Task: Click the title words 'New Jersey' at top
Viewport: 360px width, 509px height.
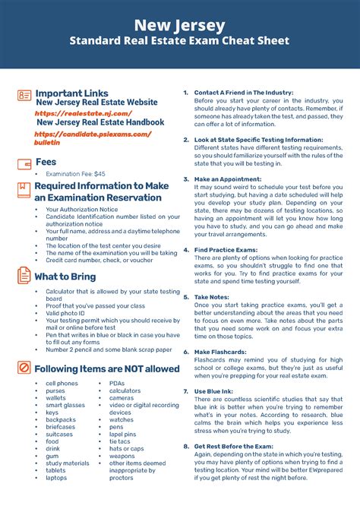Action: point(180,24)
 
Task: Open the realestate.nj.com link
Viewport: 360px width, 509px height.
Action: point(74,112)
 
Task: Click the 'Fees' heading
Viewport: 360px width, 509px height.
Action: point(46,162)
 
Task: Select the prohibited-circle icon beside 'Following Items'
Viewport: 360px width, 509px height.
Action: point(24,368)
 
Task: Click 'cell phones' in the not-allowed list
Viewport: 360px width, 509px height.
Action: point(62,384)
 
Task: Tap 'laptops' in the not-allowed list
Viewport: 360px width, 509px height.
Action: point(56,478)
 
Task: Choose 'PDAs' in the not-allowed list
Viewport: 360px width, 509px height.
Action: point(117,384)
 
